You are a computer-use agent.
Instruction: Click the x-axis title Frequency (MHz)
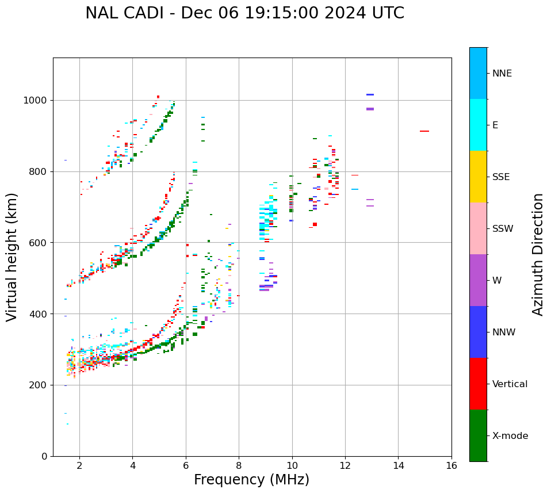(251, 480)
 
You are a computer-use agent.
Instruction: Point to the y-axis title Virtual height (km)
(12, 257)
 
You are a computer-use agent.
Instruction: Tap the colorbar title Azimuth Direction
(538, 254)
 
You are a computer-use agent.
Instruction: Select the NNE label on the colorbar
(502, 74)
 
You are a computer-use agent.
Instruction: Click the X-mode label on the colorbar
(510, 436)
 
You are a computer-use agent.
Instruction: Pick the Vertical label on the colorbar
(510, 384)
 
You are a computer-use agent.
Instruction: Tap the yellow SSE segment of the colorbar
(478, 177)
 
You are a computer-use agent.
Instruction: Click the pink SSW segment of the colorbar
(478, 228)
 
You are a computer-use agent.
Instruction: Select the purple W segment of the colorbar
(478, 280)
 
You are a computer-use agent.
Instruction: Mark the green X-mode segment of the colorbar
(478, 435)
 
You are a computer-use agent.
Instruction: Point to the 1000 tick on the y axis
(38, 101)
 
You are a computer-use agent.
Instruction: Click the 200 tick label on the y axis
(40, 385)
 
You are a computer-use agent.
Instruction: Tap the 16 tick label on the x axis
(451, 465)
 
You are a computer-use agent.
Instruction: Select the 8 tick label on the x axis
(239, 465)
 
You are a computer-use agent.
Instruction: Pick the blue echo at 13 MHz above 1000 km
(370, 94)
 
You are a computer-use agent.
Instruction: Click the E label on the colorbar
(495, 125)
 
